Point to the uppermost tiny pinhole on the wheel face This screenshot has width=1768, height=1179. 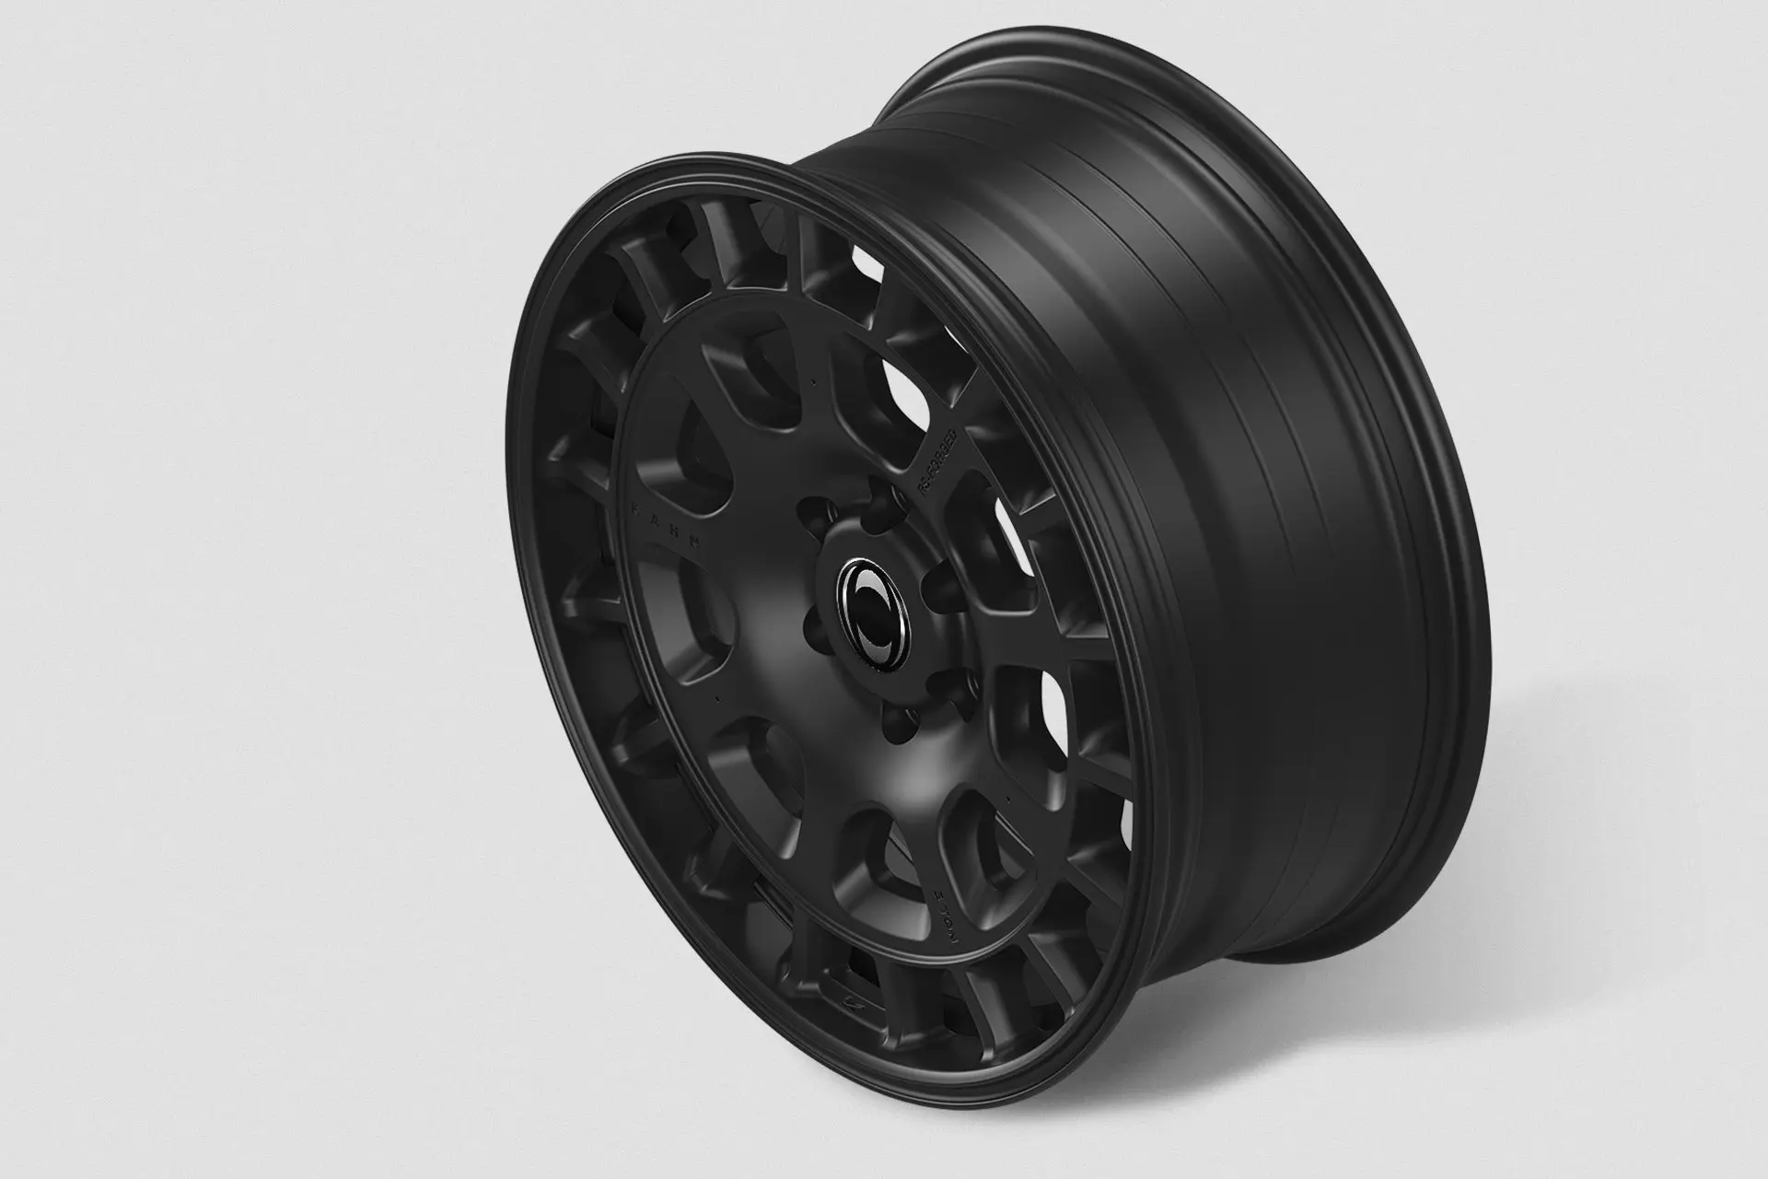[x=815, y=378]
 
